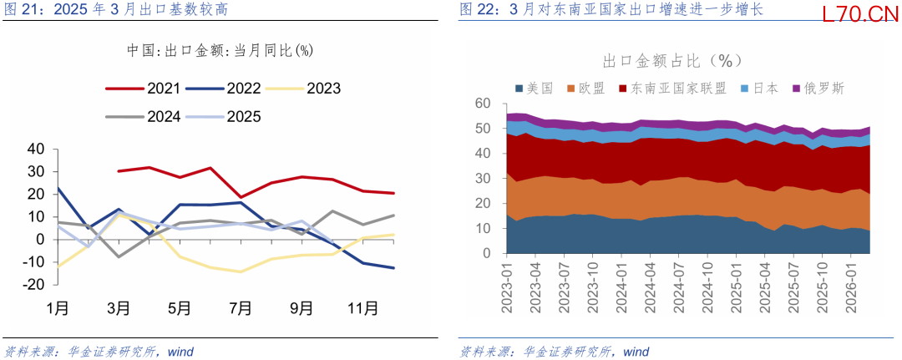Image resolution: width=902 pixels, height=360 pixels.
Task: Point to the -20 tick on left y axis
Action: tap(33, 284)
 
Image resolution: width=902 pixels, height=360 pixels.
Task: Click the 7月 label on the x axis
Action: tap(241, 308)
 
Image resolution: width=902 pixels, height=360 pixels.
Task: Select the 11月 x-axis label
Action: tap(362, 308)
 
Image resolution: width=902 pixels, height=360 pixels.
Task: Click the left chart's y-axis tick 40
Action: tap(36, 149)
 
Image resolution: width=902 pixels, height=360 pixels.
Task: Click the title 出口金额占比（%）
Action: tap(673, 60)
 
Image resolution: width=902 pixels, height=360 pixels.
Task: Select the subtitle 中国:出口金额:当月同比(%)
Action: tap(220, 50)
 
